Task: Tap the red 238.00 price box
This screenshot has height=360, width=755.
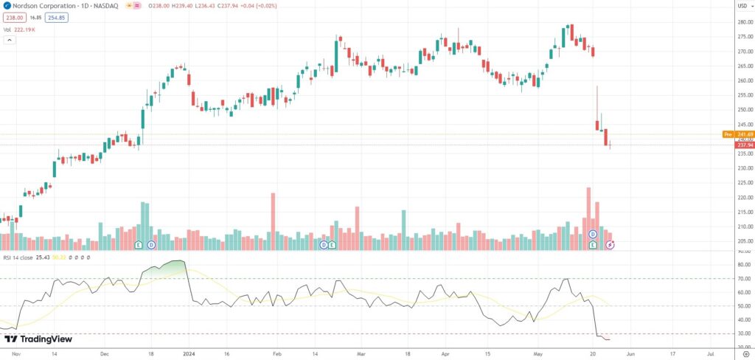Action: (15, 17)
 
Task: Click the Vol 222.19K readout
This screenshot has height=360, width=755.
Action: (19, 30)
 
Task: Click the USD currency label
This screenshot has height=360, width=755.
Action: (742, 6)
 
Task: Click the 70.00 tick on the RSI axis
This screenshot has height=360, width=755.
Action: (743, 279)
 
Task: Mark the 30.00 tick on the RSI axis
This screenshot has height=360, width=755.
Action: (743, 333)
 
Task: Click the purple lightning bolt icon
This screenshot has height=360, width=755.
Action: (610, 244)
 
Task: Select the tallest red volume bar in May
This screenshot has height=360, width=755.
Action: (588, 218)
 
